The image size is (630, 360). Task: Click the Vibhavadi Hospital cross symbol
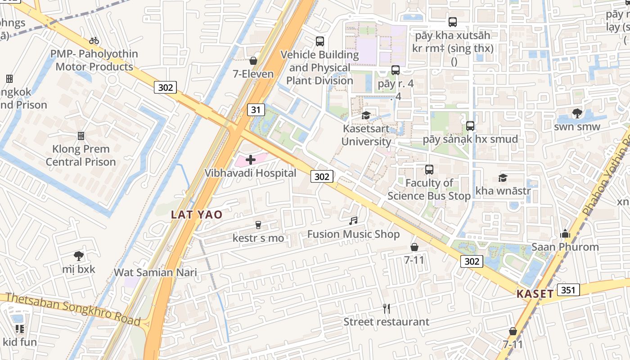[251, 160]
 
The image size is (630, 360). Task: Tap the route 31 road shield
[256, 109]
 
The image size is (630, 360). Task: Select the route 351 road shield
[568, 290]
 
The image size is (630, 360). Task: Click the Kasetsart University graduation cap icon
[366, 116]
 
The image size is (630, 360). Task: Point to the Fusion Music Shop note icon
[354, 221]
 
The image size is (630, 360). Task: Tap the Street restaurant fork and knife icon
[386, 308]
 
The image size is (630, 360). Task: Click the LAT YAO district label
[197, 215]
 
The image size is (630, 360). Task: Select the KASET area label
[535, 294]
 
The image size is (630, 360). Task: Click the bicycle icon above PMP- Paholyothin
[94, 40]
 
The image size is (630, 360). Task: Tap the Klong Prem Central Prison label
[81, 155]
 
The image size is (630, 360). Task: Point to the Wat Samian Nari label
[155, 272]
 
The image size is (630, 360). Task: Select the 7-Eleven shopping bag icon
[253, 61]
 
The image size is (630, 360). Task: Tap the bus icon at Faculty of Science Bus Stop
[429, 170]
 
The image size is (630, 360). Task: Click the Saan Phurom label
[565, 247]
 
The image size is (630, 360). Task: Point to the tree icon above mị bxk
[79, 256]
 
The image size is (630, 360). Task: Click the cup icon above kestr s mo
[258, 225]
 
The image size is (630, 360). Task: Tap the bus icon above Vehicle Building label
[320, 41]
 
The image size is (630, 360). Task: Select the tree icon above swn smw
[577, 113]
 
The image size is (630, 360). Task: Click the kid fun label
[20, 342]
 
